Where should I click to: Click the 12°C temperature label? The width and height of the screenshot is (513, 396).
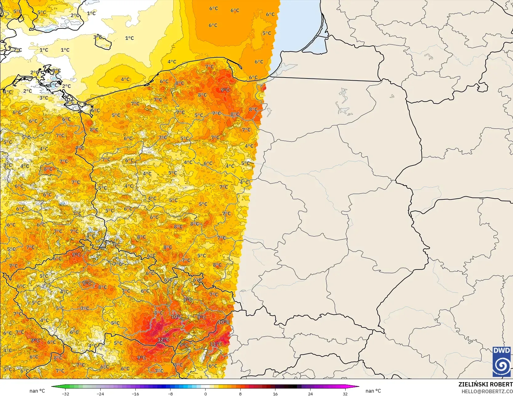coord(163,340)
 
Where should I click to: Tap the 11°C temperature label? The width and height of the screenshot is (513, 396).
coord(216,344)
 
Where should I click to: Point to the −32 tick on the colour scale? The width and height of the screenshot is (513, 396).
coord(65,394)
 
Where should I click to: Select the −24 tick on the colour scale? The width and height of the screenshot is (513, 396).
coord(100,394)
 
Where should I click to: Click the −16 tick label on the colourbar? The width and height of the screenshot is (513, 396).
coord(135,394)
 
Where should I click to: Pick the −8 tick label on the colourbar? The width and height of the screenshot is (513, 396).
coord(170,394)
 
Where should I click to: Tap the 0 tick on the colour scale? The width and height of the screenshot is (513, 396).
coord(206,394)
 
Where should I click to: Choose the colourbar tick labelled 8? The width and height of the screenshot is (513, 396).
coord(240,394)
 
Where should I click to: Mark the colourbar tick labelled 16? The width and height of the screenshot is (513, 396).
coord(275,394)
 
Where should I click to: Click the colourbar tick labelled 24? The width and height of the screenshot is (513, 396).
coord(310,394)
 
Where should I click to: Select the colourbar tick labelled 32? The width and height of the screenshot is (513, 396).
coord(345,394)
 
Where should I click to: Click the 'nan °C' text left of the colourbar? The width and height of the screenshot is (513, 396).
coord(37,391)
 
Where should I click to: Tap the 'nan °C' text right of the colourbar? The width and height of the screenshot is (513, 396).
coord(373,391)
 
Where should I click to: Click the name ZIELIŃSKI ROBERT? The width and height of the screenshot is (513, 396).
coord(485,384)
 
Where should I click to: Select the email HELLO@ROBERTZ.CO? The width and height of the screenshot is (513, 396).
coord(487,391)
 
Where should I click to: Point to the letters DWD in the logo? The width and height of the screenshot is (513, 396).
coord(502,350)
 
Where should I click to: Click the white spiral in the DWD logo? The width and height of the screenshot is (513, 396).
coord(502,366)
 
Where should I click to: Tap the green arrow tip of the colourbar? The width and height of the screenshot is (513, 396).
coord(53,386)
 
